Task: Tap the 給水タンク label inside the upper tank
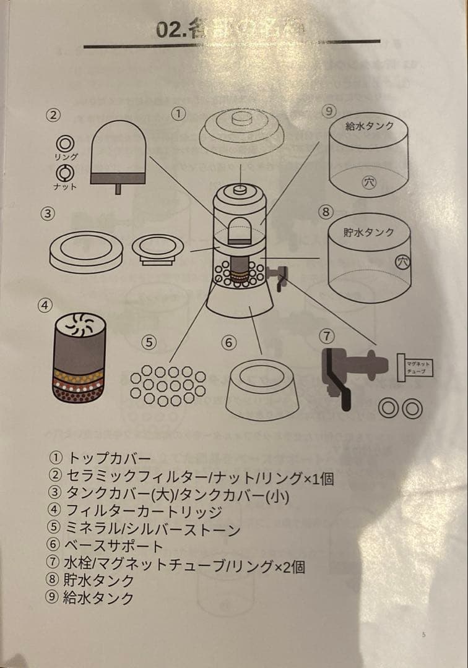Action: point(369,126)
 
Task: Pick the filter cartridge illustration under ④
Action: point(79,358)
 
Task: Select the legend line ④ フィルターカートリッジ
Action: point(134,512)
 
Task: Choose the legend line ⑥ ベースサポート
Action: point(106,546)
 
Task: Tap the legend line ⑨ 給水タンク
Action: point(91,598)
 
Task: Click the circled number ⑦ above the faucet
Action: point(327,336)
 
